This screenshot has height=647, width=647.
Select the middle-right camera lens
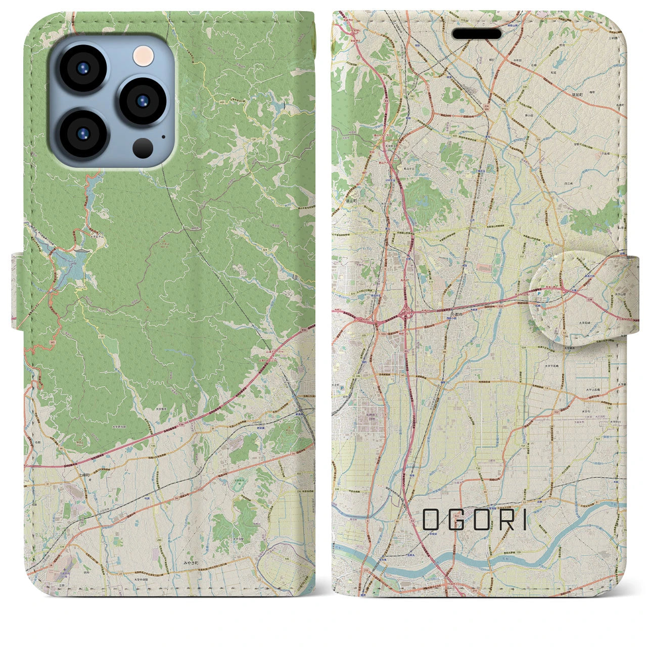143,102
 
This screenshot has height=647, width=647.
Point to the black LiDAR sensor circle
143,148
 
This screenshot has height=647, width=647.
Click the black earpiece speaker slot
477,34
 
